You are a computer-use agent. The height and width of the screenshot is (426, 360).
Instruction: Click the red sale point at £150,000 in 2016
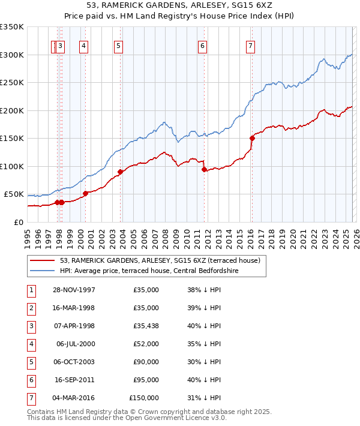click(252, 138)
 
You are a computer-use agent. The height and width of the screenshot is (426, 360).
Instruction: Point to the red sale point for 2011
click(205, 169)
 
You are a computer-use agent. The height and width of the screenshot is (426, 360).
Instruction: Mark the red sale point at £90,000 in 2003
click(120, 172)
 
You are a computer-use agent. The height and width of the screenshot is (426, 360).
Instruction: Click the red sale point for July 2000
click(85, 193)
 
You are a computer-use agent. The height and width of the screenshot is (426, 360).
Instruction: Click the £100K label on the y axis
click(12, 166)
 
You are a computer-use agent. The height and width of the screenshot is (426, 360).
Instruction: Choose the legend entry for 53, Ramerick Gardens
click(160, 261)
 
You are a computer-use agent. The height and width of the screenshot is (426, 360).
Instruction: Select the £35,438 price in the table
click(146, 326)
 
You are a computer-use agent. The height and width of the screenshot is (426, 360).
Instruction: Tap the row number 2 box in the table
click(31, 308)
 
